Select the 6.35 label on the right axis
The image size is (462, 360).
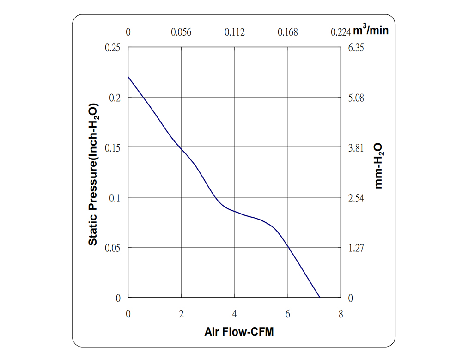pyautogui.click(x=357, y=48)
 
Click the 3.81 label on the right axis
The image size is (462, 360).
pyautogui.click(x=357, y=148)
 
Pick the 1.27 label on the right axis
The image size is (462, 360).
pyautogui.click(x=357, y=248)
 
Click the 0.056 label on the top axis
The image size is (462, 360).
pyautogui.click(x=181, y=32)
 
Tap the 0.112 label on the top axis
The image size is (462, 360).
pyautogui.click(x=235, y=32)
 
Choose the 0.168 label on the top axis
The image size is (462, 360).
pyautogui.click(x=288, y=32)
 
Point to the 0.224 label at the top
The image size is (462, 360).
pyautogui.click(x=341, y=32)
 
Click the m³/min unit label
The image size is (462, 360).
pyautogui.click(x=371, y=31)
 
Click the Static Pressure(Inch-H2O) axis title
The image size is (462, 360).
pyautogui.click(x=93, y=173)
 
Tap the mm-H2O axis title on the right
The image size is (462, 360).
pyautogui.click(x=379, y=165)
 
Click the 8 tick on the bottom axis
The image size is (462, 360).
pyautogui.click(x=341, y=314)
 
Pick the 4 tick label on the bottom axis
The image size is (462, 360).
pyautogui.click(x=235, y=314)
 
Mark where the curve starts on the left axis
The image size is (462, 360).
pyautogui.click(x=128, y=77)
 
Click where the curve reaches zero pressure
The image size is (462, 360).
pyautogui.click(x=319, y=297)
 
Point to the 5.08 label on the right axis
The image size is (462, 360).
pyautogui.click(x=357, y=98)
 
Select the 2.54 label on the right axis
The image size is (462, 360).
pyautogui.click(x=357, y=198)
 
